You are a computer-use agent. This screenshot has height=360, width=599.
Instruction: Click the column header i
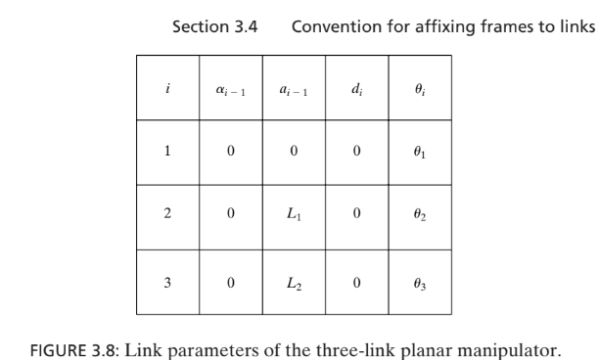[x=167, y=88]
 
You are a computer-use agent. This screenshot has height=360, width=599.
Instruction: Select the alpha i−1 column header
[x=230, y=89]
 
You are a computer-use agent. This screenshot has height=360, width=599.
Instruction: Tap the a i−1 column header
[x=294, y=89]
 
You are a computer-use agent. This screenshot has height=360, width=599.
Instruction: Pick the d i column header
[x=357, y=89]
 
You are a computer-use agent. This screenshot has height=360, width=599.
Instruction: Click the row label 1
[x=167, y=152]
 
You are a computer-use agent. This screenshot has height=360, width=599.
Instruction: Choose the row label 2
[x=167, y=217]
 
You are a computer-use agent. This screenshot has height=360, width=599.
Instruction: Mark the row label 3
[x=167, y=282]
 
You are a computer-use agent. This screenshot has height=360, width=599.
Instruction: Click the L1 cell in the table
[x=294, y=217]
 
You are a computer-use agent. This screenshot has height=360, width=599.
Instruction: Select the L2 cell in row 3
[x=294, y=282]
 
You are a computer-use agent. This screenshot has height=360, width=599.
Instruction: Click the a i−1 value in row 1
[x=294, y=152]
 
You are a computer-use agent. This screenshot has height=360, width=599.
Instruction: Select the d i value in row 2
[x=357, y=217]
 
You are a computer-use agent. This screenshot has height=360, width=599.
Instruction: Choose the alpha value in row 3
[x=230, y=282]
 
